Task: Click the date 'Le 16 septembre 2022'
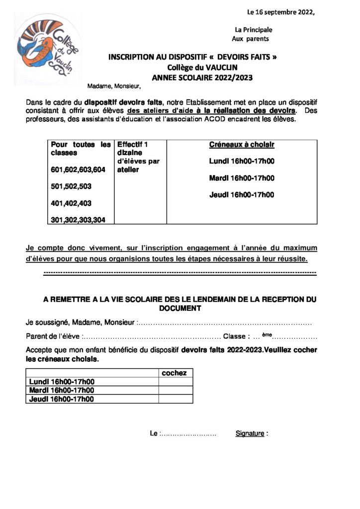click(x=281, y=12)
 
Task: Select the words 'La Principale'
click(x=254, y=30)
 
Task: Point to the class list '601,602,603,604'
click(x=78, y=170)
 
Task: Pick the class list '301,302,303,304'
click(x=78, y=220)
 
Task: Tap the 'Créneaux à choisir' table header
click(x=242, y=145)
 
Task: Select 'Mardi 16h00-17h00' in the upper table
click(x=242, y=178)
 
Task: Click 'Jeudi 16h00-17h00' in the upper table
click(x=242, y=195)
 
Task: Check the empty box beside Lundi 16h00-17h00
click(x=176, y=382)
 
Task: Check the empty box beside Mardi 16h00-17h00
click(x=176, y=390)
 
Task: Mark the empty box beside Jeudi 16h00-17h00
click(x=176, y=399)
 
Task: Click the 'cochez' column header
click(x=175, y=373)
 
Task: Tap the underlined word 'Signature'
click(x=250, y=433)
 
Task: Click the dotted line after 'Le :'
click(x=188, y=434)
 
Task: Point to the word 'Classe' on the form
click(x=234, y=336)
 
